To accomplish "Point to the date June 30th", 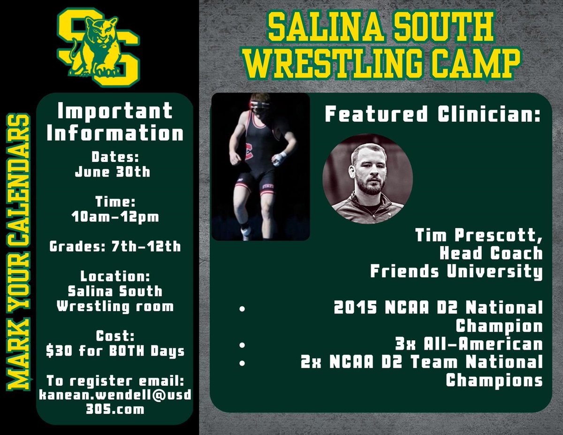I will [113, 172].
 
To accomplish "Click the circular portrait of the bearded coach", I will [368, 177].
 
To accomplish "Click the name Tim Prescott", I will [479, 236].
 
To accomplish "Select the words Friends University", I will [456, 271].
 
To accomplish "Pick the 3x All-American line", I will [469, 344].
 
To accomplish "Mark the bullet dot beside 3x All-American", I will [242, 345].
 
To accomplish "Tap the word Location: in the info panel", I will [114, 275].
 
